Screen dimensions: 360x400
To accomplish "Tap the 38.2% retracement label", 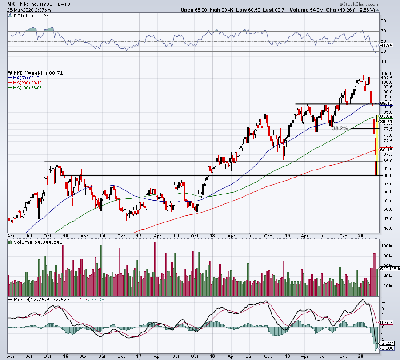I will (x=340, y=128).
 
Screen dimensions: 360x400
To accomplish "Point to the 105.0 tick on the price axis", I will (x=387, y=73).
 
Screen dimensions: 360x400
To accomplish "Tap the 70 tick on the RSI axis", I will (x=383, y=32).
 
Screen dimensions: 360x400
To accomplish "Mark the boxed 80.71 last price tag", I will (x=386, y=122).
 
